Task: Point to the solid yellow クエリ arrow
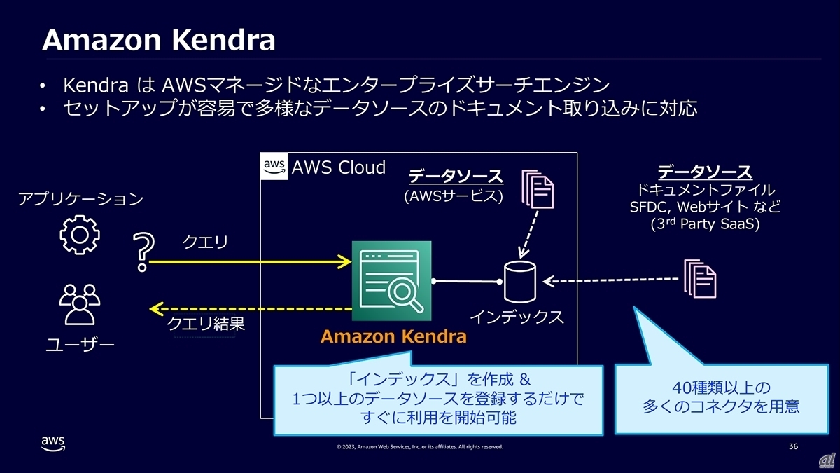[x=248, y=262]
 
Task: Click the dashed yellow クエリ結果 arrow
[x=248, y=308]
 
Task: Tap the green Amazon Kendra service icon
[x=392, y=280]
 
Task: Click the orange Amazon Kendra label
[x=393, y=336]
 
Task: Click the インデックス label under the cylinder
[x=517, y=317]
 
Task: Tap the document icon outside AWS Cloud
[x=700, y=278]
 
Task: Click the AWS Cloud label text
[x=338, y=167]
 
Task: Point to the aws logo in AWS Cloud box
[x=274, y=167]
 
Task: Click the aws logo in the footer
[x=53, y=444]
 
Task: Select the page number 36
[x=793, y=446]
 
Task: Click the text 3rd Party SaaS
[x=704, y=226]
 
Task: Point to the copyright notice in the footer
[x=419, y=447]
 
